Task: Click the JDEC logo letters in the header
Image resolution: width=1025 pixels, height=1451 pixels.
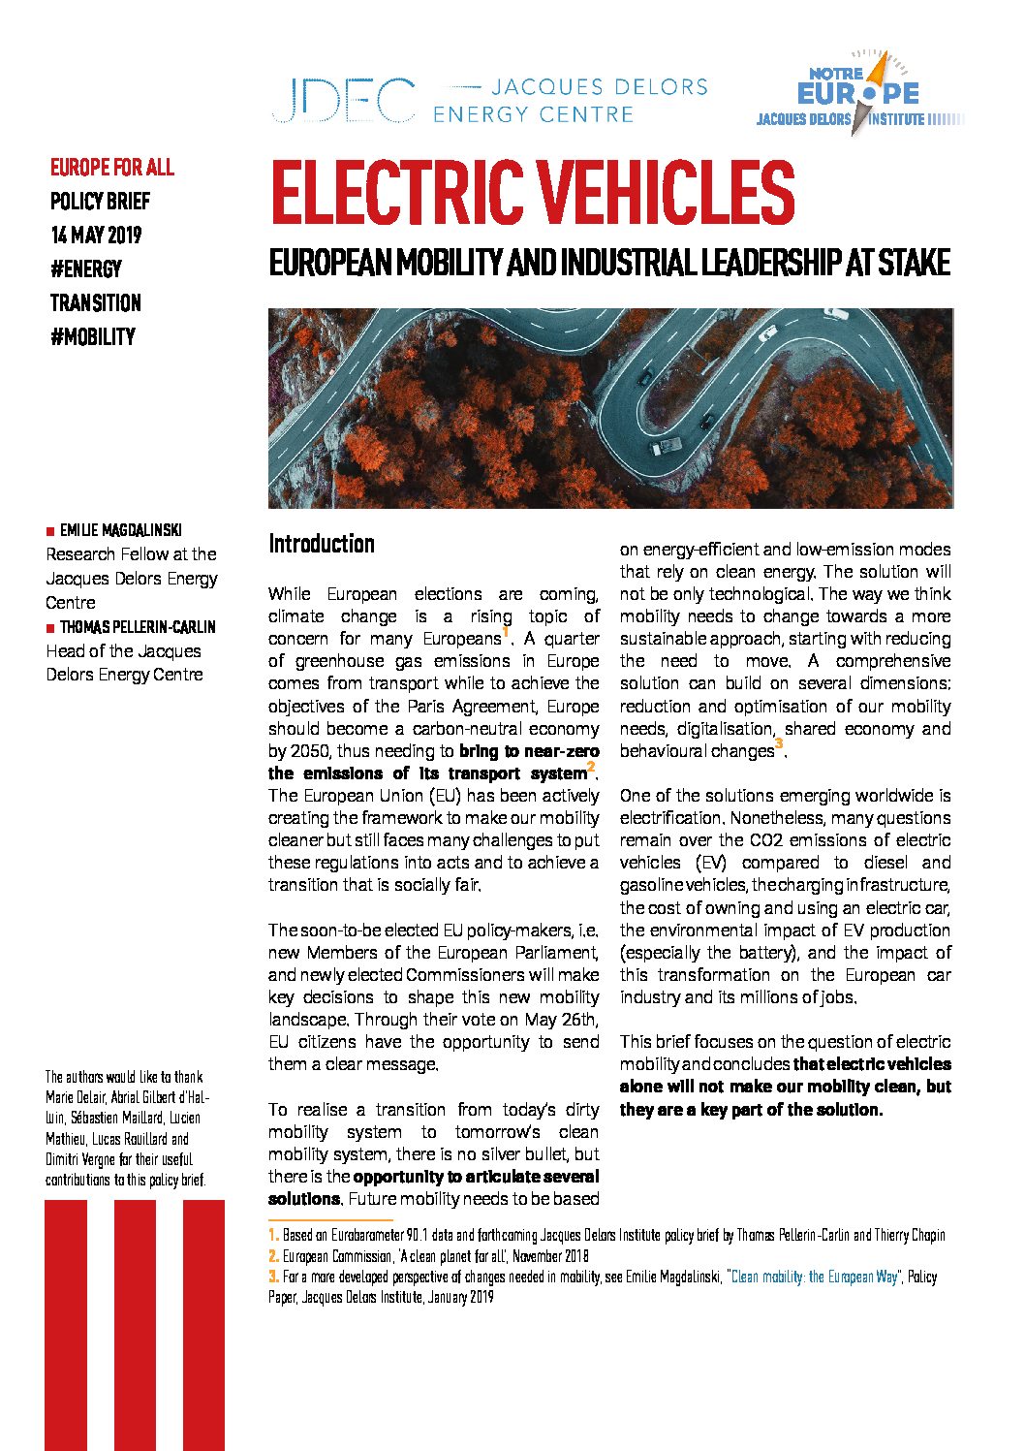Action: [x=343, y=101]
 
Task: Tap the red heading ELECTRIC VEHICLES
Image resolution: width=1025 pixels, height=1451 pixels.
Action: [x=532, y=193]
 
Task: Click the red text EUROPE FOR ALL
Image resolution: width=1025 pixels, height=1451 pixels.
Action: [x=112, y=168]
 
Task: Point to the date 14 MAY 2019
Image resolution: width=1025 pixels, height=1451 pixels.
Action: [x=96, y=236]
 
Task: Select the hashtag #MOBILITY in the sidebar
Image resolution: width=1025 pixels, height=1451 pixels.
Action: [x=93, y=337]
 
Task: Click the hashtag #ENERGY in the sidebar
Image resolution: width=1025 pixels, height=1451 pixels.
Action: [x=86, y=269]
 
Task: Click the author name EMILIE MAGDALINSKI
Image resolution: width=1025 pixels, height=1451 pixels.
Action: [x=120, y=530]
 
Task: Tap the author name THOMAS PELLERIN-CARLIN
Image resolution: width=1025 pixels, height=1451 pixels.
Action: [x=138, y=627]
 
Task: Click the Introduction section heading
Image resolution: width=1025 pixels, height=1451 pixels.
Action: [x=322, y=544]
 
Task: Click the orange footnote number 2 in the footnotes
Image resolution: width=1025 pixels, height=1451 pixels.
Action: [x=273, y=1256]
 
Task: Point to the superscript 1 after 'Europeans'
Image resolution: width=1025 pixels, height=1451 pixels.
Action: [x=506, y=632]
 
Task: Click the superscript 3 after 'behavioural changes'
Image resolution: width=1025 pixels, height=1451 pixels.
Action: [x=779, y=743]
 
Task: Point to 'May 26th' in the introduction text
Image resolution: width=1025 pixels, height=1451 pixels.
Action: [x=564, y=1020]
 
